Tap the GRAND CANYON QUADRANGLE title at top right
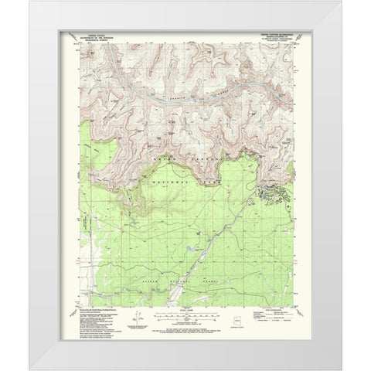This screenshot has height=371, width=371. click(274, 33)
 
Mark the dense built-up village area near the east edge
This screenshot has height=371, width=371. click(274, 193)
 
